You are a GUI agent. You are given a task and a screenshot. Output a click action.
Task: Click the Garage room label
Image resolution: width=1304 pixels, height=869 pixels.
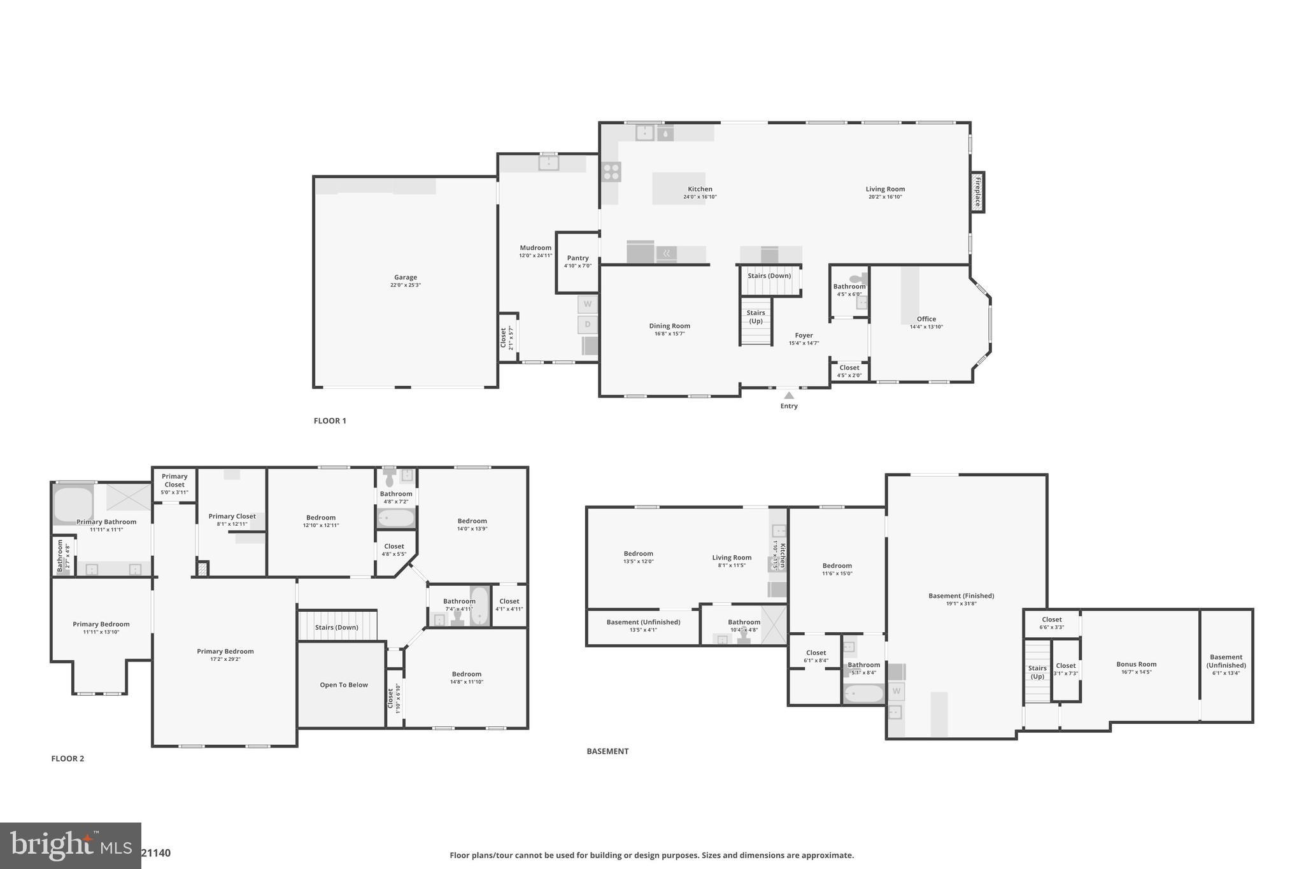[406, 278]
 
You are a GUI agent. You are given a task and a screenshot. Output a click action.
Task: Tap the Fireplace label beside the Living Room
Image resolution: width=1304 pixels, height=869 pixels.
[977, 192]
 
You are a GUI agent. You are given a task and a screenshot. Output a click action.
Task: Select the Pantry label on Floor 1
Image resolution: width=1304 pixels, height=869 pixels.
[578, 258]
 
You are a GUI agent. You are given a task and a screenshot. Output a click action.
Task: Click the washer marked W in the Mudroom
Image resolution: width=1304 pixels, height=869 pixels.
[588, 304]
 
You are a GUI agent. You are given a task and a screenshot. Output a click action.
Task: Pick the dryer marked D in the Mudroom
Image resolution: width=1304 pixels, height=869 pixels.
[588, 325]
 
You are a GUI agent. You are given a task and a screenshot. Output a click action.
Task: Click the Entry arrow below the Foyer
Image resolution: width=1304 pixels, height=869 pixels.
[789, 396]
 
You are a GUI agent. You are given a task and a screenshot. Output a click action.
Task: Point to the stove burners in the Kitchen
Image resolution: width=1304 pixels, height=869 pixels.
[611, 172]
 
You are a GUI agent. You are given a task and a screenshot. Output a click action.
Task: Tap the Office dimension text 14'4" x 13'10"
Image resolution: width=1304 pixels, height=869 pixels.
[926, 327]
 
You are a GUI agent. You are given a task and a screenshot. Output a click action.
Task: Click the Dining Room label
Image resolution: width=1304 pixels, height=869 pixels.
[669, 326]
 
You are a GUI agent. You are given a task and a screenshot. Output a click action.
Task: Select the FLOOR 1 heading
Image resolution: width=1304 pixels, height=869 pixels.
[330, 421]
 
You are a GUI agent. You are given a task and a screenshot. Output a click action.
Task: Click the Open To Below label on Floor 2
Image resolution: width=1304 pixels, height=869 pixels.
[344, 685]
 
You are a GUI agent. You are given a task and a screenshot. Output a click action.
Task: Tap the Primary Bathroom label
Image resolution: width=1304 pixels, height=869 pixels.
[106, 522]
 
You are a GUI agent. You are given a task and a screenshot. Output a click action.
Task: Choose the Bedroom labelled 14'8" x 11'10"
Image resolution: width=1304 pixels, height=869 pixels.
[467, 674]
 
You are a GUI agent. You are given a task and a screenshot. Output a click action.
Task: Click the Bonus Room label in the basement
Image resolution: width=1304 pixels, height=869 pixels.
[1136, 664]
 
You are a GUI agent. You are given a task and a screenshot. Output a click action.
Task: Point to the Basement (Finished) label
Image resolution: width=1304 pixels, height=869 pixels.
[961, 596]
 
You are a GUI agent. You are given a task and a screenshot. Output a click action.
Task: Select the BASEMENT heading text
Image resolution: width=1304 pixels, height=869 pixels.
[607, 751]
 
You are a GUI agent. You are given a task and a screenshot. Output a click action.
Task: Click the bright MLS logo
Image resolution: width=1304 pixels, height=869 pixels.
[71, 845]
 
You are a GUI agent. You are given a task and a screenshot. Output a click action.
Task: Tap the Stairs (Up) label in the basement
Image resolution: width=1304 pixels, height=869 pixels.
[1037, 672]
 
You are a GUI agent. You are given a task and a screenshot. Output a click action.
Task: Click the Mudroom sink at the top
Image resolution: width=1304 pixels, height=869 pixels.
[548, 163]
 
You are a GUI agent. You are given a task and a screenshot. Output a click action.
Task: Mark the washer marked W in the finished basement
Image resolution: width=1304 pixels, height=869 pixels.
[896, 691]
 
